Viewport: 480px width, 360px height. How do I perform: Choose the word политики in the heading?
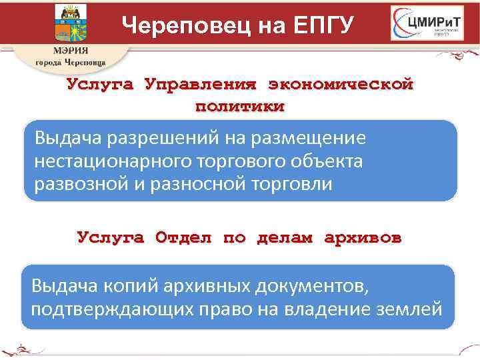pyautogui.click(x=239, y=106)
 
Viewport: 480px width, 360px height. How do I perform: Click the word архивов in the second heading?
pyautogui.click(x=363, y=237)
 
